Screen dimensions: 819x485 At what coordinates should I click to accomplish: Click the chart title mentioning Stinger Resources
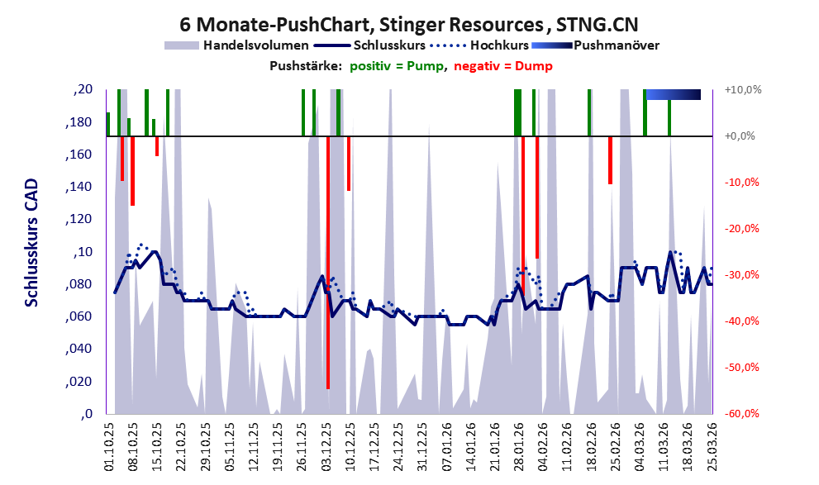click(409, 24)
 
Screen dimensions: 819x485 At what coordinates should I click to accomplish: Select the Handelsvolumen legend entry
click(236, 45)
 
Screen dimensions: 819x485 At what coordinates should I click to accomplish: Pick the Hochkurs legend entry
click(479, 45)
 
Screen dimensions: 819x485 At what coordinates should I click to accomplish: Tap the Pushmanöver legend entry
click(595, 45)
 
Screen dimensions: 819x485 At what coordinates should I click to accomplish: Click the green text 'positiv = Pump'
click(397, 66)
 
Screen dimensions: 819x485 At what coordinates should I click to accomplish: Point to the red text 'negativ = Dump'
click(503, 66)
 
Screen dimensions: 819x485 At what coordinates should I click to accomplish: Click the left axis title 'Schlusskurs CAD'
click(32, 243)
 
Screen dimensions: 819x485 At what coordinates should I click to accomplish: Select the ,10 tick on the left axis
click(83, 252)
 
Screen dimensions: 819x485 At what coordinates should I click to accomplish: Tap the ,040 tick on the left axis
click(79, 349)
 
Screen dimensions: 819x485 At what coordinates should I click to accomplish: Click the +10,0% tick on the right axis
click(743, 90)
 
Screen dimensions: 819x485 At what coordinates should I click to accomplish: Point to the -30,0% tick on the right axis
click(741, 275)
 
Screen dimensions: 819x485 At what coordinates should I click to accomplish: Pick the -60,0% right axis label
click(741, 414)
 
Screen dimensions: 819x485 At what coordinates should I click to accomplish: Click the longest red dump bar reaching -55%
click(328, 263)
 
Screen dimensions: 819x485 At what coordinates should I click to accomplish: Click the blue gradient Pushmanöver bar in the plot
click(674, 94)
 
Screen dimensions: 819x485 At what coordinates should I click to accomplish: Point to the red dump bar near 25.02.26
click(610, 160)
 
